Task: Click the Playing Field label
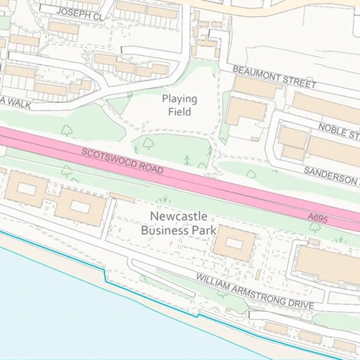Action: (x=180, y=105)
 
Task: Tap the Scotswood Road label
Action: (x=122, y=163)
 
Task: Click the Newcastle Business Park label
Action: (x=179, y=223)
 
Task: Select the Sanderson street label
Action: (x=332, y=175)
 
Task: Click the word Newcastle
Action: (x=179, y=216)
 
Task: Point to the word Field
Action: (x=180, y=112)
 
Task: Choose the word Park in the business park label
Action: (x=204, y=230)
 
